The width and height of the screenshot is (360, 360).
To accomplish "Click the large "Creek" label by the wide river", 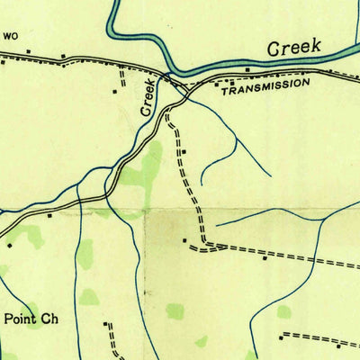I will point(294,48).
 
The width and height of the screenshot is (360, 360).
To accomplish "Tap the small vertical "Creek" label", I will point(148,95).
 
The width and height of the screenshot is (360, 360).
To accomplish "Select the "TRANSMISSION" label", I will point(265,85).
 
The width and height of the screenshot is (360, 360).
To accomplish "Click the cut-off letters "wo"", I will point(10,37).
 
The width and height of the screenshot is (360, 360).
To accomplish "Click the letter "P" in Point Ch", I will point(10,318).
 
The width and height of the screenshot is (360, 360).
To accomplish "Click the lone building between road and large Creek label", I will point(247,68).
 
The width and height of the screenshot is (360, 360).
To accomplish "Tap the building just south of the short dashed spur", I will point(115,92).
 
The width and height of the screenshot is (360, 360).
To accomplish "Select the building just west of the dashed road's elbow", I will point(184,240).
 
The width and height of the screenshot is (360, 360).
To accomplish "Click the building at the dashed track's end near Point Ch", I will point(106,323).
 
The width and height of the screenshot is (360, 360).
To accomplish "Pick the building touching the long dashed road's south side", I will point(264,256).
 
